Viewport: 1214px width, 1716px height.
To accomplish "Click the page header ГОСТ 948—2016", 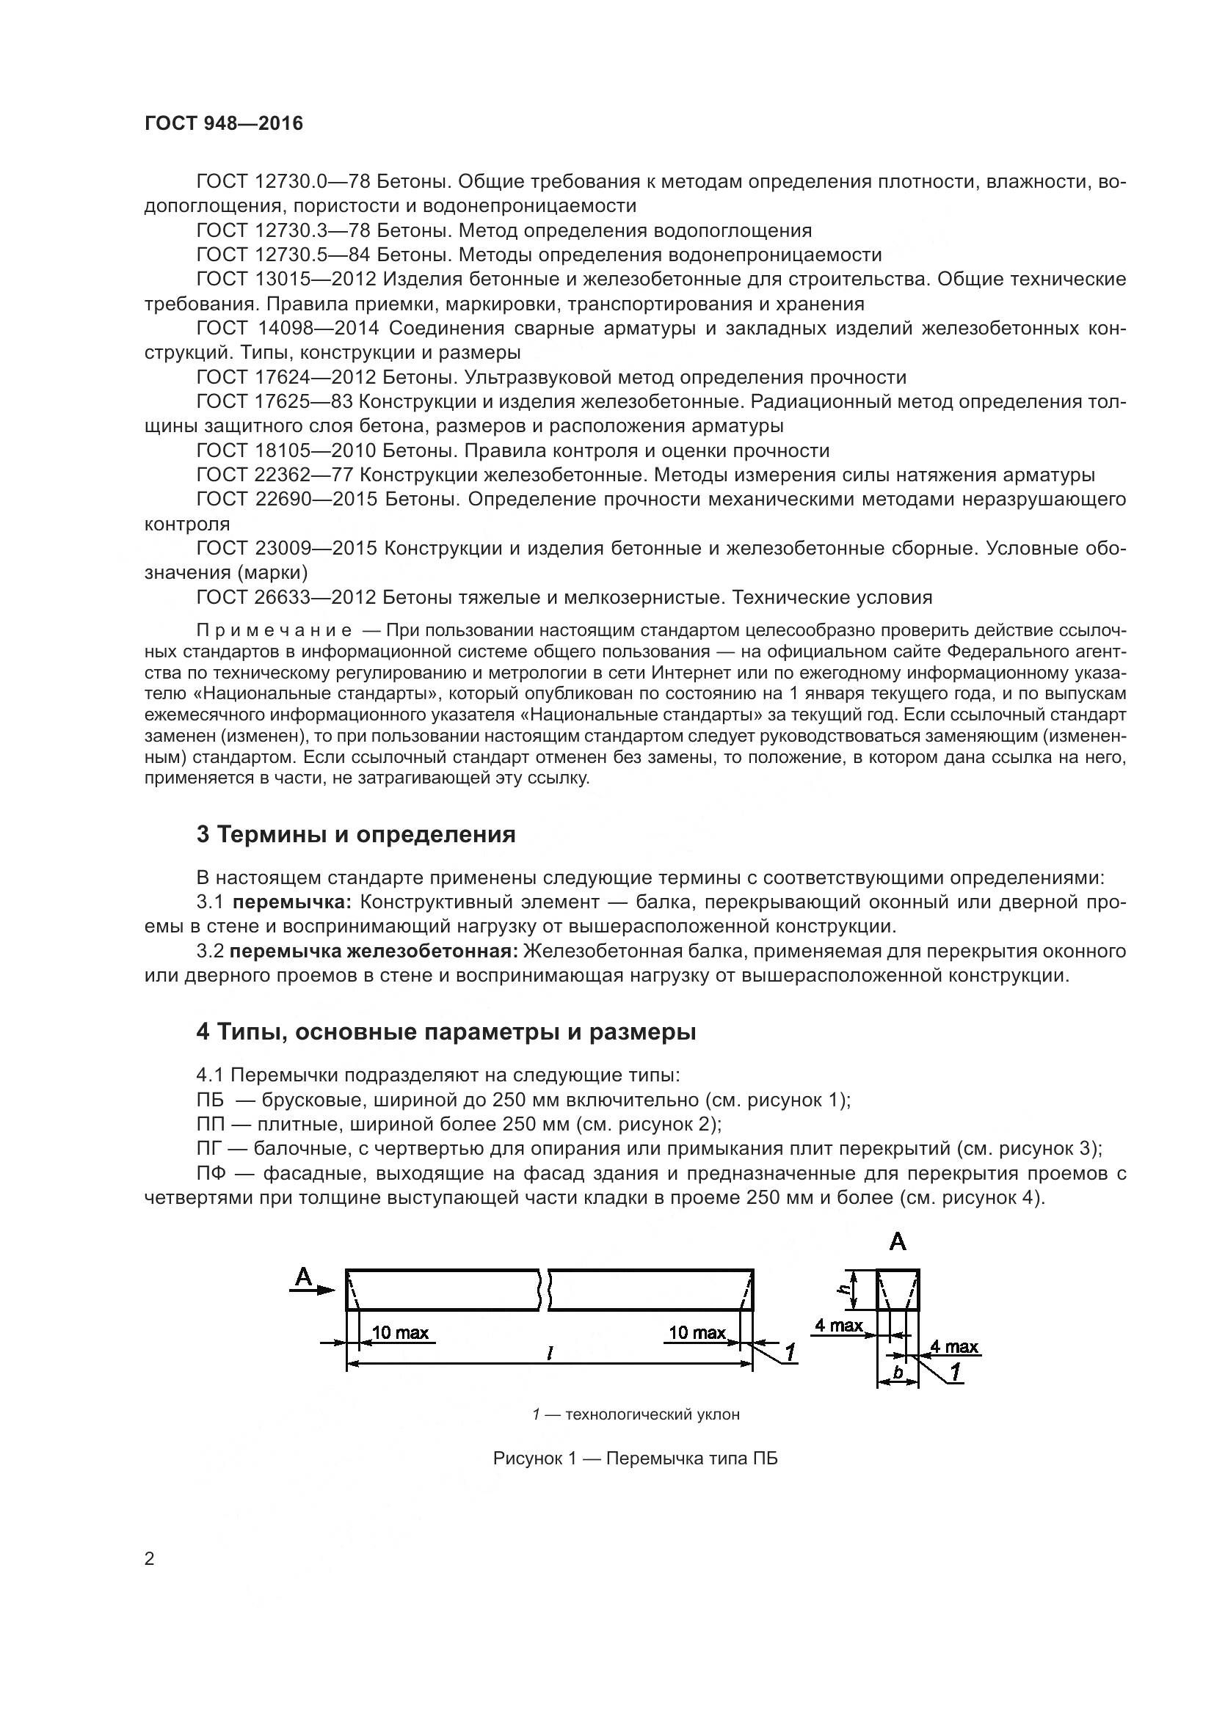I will click(224, 124).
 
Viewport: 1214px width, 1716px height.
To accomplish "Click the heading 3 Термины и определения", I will click(356, 834).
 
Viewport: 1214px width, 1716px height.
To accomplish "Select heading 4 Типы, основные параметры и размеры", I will click(446, 1032).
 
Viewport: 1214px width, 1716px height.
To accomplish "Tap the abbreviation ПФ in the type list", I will click(210, 1173).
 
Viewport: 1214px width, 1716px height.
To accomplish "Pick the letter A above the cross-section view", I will click(897, 1242).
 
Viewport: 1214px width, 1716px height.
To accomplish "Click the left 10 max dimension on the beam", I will click(401, 1332).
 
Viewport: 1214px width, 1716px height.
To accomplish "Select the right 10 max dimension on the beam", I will click(697, 1332).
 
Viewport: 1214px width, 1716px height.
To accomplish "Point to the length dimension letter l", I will click(550, 1352).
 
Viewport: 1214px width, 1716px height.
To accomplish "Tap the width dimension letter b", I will click(898, 1372).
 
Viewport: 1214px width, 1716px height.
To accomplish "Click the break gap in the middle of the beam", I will click(544, 1289).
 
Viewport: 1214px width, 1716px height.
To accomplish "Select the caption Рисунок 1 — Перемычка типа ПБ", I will click(635, 1458).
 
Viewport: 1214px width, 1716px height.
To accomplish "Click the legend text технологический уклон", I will click(652, 1414).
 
